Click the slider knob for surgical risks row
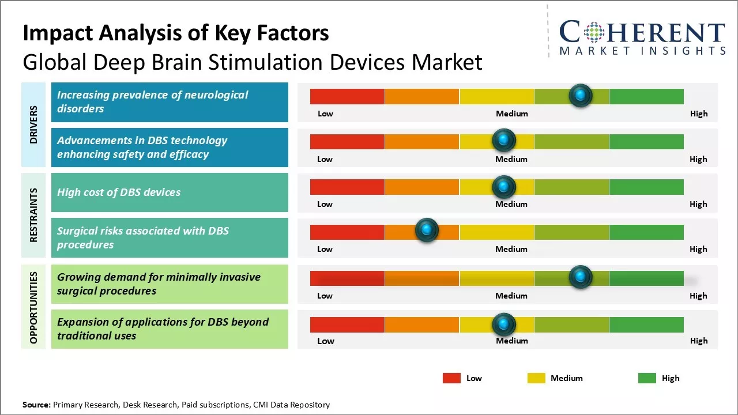click(x=427, y=231)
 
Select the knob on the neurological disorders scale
click(x=580, y=95)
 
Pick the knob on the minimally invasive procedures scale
click(x=580, y=277)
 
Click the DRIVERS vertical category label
click(x=33, y=124)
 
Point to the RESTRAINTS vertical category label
click(x=33, y=215)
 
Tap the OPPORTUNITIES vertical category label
click(x=33, y=307)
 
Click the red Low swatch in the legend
click(x=451, y=378)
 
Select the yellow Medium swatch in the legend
click(x=536, y=378)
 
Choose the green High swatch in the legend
click(x=647, y=378)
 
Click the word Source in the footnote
click(x=36, y=405)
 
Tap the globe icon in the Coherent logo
click(x=594, y=32)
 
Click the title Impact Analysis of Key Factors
click(x=176, y=33)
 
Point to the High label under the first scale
click(x=699, y=114)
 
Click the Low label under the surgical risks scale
click(x=325, y=249)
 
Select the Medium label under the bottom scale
click(x=512, y=341)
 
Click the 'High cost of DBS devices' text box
click(x=170, y=193)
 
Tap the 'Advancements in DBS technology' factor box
click(x=170, y=148)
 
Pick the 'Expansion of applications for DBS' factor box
click(x=170, y=329)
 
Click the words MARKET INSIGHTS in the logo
click(x=642, y=51)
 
